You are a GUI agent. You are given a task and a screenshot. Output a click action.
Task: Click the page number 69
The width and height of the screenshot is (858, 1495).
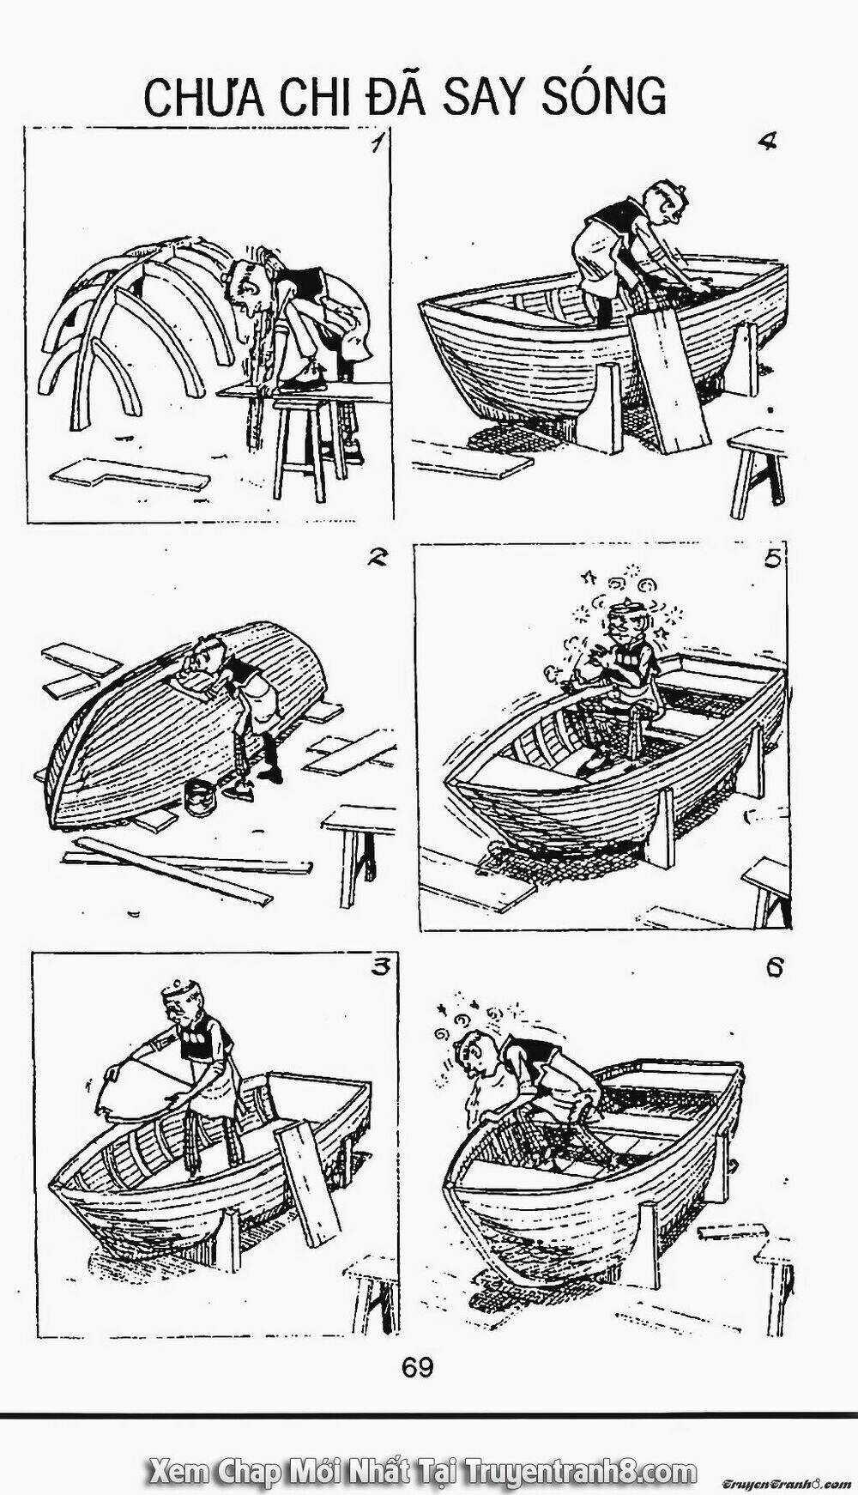click(417, 1367)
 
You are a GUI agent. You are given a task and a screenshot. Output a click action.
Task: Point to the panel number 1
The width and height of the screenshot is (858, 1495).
click(375, 142)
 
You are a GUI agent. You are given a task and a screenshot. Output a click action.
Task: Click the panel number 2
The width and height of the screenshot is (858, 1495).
click(375, 559)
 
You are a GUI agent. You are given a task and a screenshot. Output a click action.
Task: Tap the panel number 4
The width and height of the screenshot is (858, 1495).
click(767, 142)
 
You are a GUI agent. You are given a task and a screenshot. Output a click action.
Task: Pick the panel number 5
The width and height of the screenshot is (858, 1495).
click(772, 559)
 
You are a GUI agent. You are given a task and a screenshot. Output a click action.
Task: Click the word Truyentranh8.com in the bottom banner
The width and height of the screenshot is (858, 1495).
click(580, 1449)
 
